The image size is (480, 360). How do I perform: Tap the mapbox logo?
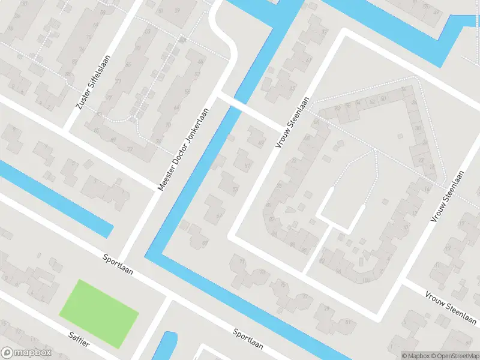pyautogui.click(x=26, y=353)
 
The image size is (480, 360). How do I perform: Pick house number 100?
pyautogui.click(x=367, y=280)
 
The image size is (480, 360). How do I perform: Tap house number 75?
pyautogui.click(x=283, y=284)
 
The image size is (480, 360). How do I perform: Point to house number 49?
pyautogui.click(x=260, y=142)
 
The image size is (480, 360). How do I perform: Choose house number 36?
pyautogui.click(x=403, y=89)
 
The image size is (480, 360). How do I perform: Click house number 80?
pyautogui.click(x=268, y=205)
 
